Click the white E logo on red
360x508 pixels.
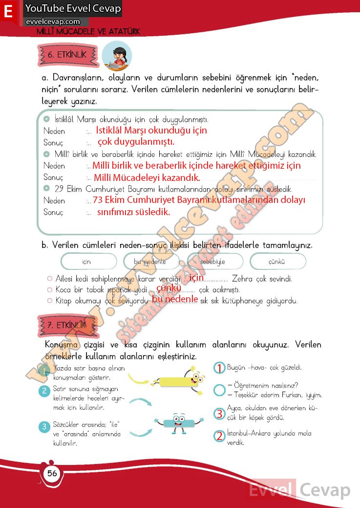click(8, 12)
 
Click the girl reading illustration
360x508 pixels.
click(118, 55)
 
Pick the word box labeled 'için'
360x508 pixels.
click(87, 262)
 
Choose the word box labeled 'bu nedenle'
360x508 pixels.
click(150, 262)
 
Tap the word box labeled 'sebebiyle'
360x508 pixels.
click(213, 262)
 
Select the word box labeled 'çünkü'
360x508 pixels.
click(277, 262)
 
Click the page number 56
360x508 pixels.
click(52, 473)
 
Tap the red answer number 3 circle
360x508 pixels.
click(219, 414)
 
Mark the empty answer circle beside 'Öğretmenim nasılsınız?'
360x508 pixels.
click(219, 390)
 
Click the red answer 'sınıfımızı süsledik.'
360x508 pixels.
click(133, 212)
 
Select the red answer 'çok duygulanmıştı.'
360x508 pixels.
click(136, 142)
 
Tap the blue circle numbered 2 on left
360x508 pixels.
click(44, 391)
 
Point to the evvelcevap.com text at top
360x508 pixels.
click(53, 22)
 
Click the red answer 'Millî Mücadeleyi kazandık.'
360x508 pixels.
click(147, 177)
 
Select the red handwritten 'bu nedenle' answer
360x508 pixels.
click(175, 299)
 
